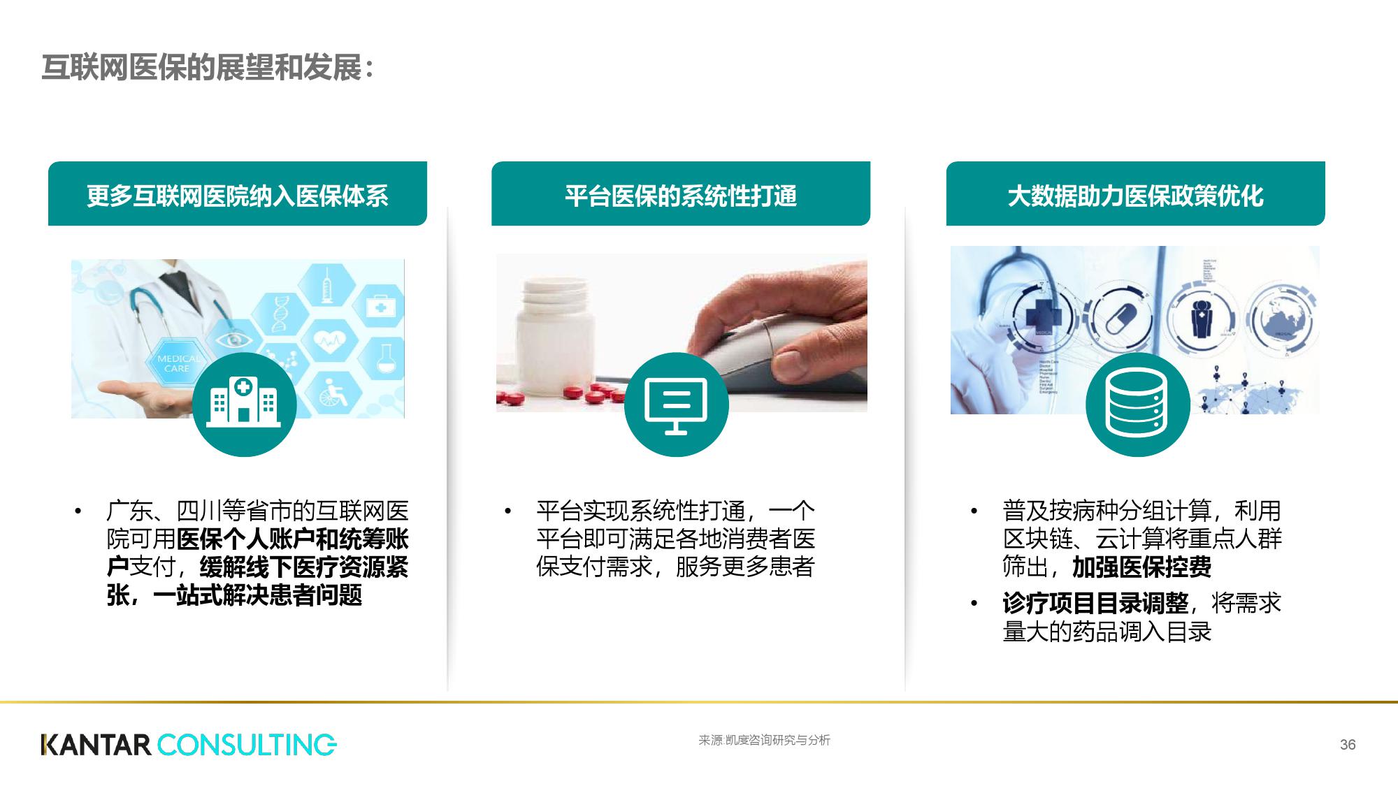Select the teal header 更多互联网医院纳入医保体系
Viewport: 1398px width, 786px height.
click(237, 196)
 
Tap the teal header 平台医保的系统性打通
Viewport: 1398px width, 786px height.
click(680, 196)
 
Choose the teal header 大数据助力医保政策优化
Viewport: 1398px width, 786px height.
click(1135, 196)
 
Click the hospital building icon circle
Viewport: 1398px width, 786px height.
click(244, 405)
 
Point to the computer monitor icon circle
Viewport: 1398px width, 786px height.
click(676, 405)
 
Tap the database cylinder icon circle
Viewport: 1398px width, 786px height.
click(1137, 405)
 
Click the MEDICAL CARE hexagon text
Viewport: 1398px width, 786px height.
click(178, 363)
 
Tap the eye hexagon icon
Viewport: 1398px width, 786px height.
click(229, 340)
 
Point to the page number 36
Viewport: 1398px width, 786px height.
click(1348, 745)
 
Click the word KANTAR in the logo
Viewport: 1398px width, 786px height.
click(96, 745)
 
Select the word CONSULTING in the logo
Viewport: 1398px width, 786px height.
click(247, 745)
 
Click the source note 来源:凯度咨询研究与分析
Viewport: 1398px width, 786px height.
click(764, 741)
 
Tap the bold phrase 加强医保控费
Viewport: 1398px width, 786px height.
click(1141, 567)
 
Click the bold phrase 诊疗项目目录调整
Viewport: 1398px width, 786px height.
click(1095, 602)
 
